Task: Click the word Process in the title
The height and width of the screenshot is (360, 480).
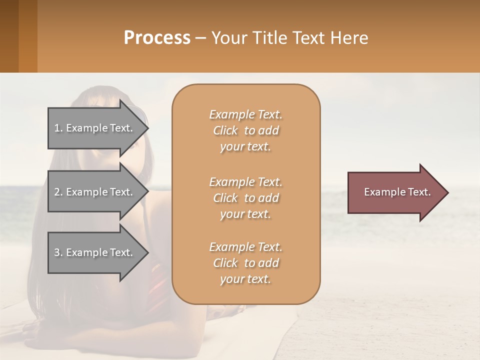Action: tap(157, 38)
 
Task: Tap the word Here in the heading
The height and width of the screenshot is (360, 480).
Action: tap(349, 38)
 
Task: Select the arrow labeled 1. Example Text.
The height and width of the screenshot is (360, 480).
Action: tap(95, 128)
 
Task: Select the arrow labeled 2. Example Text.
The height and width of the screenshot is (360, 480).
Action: tap(95, 192)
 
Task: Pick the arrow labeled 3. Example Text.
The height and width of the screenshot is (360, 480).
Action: tap(95, 252)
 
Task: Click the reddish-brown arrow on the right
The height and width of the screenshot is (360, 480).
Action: tap(395, 192)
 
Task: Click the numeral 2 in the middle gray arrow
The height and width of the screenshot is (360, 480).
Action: tap(57, 192)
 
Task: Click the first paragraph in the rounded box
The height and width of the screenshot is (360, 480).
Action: tap(245, 130)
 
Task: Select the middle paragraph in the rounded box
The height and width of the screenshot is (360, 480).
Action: tap(245, 197)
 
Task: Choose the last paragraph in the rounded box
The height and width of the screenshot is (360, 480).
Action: tap(245, 263)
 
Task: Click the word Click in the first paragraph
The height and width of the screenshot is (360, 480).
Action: tap(225, 130)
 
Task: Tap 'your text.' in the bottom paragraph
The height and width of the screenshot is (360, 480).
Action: tap(245, 279)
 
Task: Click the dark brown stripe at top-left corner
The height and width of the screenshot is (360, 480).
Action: tap(9, 36)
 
